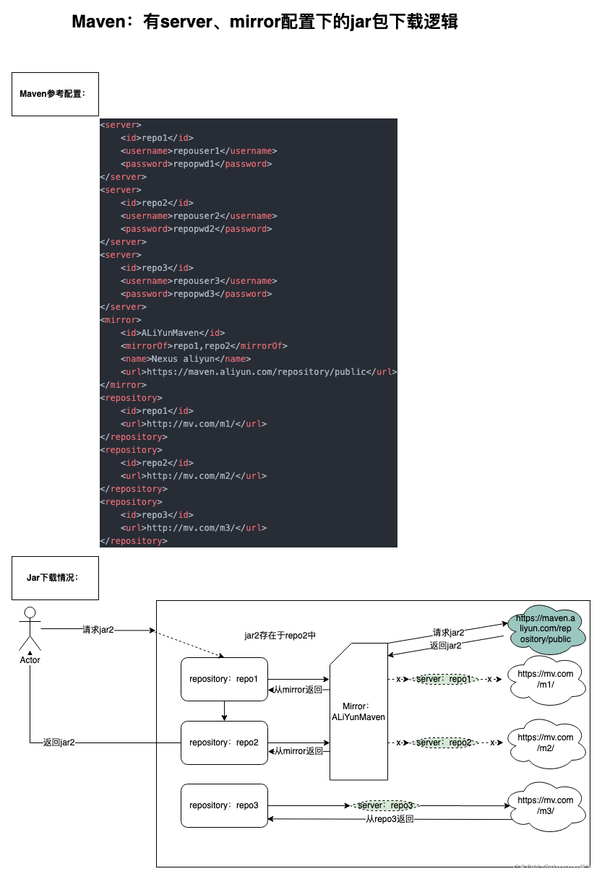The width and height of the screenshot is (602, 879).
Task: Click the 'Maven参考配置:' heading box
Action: click(x=55, y=94)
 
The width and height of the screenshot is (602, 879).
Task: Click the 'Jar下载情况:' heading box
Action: click(x=55, y=578)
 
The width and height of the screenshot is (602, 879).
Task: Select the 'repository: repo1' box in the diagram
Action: click(x=224, y=679)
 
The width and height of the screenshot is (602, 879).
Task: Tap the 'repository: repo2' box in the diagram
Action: click(x=224, y=742)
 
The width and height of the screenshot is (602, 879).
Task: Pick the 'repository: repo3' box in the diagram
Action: click(x=224, y=805)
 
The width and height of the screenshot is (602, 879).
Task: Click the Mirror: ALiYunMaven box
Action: click(x=358, y=711)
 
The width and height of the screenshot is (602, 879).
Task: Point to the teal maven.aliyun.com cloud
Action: click(x=546, y=629)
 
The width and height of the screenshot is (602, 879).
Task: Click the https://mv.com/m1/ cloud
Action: click(x=546, y=679)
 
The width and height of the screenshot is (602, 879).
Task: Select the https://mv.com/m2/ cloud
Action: click(x=546, y=742)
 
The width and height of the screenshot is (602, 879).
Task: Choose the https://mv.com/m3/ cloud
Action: click(x=546, y=805)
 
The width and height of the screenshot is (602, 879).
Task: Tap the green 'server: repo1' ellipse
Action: click(x=444, y=680)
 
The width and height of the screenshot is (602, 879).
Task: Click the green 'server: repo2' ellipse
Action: click(x=444, y=742)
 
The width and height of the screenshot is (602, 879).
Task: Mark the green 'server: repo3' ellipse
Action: click(x=385, y=805)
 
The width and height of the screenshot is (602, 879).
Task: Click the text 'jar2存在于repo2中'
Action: click(x=280, y=636)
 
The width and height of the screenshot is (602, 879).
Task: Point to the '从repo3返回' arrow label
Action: click(x=390, y=819)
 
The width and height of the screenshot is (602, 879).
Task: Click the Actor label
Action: click(x=30, y=660)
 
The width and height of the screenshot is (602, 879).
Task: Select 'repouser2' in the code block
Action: click(x=194, y=216)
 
